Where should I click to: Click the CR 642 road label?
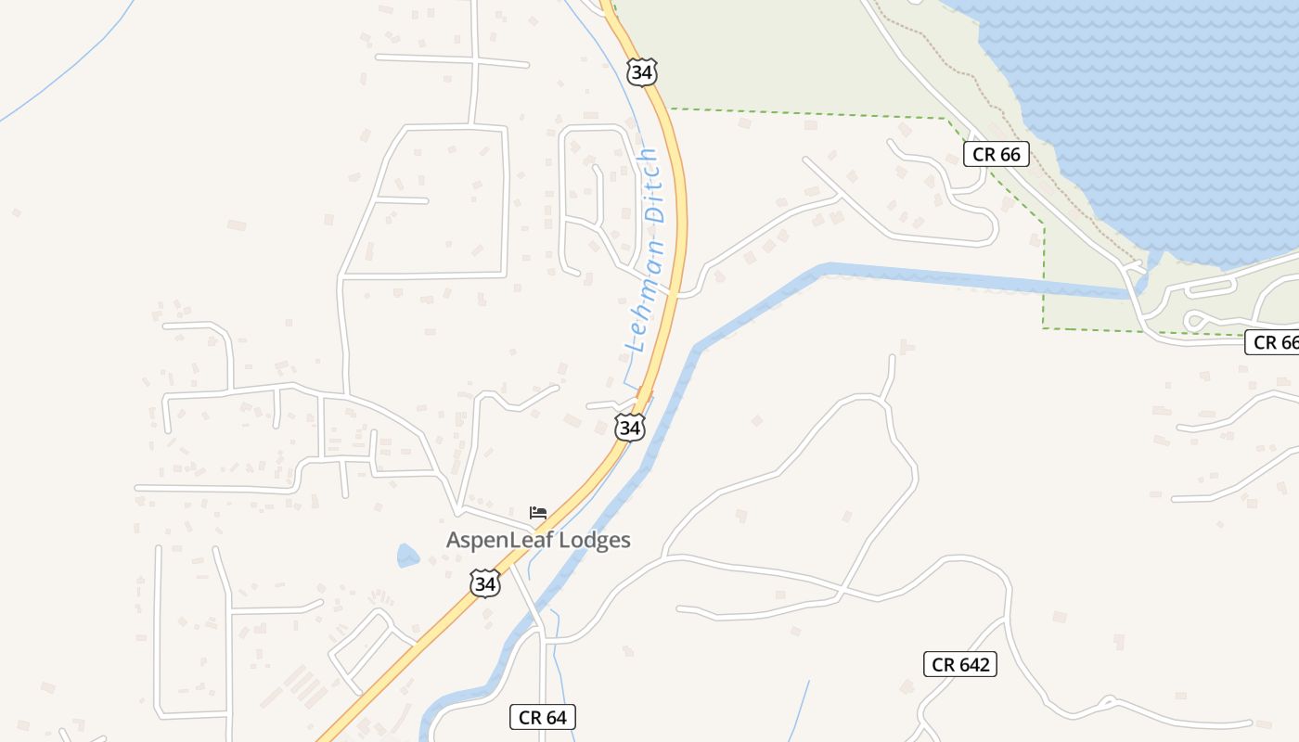click(960, 664)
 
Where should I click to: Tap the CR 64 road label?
click(543, 717)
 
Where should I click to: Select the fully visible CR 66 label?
click(997, 154)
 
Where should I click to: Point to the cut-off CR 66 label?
click(1274, 342)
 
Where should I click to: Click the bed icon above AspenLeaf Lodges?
click(538, 512)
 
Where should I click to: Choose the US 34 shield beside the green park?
click(641, 71)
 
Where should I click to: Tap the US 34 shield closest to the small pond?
click(484, 583)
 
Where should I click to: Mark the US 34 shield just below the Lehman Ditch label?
click(630, 428)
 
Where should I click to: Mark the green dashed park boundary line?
click(807, 114)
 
